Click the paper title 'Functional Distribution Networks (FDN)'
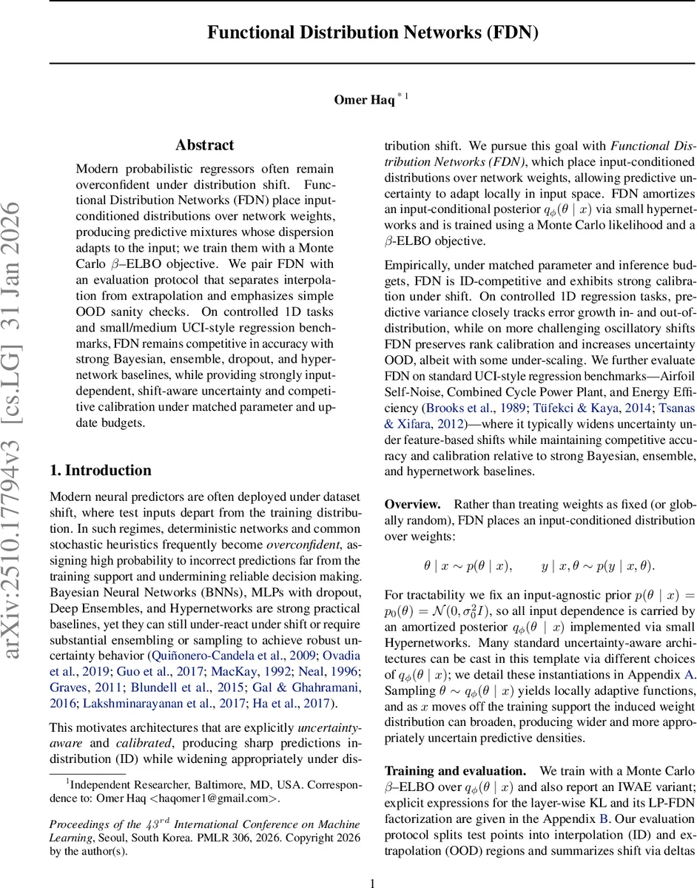pos(372,33)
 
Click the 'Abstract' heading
pos(205,145)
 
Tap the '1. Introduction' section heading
pos(100,471)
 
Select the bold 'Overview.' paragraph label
pos(412,505)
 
